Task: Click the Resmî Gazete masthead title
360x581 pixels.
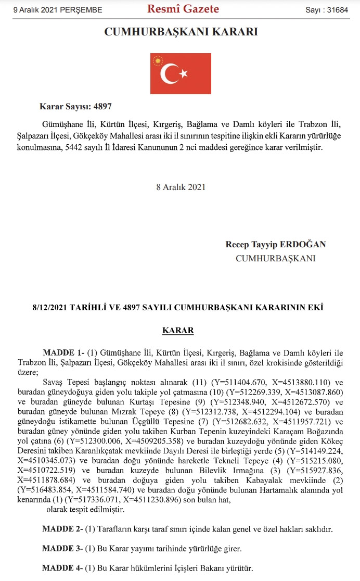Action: click(183, 9)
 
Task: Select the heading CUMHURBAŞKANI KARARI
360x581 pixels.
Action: click(181, 32)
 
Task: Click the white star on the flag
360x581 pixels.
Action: click(183, 74)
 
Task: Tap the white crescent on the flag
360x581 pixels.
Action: click(169, 74)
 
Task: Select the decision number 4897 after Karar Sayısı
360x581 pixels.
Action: click(102, 106)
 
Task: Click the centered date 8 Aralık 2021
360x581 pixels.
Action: click(181, 187)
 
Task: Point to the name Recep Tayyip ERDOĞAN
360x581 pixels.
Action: click(275, 244)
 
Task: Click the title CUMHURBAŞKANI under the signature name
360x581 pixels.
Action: click(275, 258)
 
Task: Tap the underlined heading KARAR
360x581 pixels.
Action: click(178, 331)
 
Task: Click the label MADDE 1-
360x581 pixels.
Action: click(63, 352)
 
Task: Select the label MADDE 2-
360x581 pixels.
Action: click(62, 529)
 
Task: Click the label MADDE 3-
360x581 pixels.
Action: click(62, 549)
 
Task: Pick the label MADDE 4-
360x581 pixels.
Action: click(62, 569)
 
